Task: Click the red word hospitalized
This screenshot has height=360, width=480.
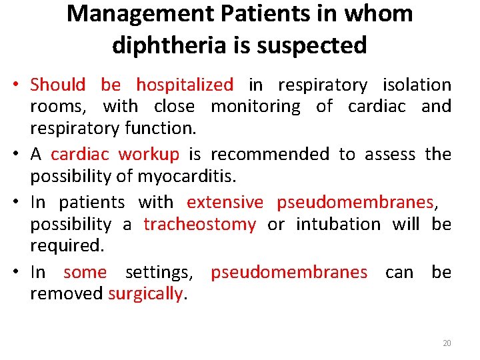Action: pyautogui.click(x=185, y=85)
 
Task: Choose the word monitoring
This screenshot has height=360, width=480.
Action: pyautogui.click(x=256, y=107)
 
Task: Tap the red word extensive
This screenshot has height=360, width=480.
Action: pyautogui.click(x=225, y=203)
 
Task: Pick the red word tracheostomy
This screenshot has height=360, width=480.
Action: pyautogui.click(x=199, y=224)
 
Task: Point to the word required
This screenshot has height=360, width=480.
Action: pyautogui.click(x=67, y=245)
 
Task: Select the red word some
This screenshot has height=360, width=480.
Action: pyautogui.click(x=85, y=273)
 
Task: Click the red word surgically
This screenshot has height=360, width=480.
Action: pyautogui.click(x=145, y=294)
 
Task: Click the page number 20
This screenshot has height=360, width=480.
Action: pyautogui.click(x=447, y=343)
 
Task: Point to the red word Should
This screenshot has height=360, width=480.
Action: pyautogui.click(x=58, y=85)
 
